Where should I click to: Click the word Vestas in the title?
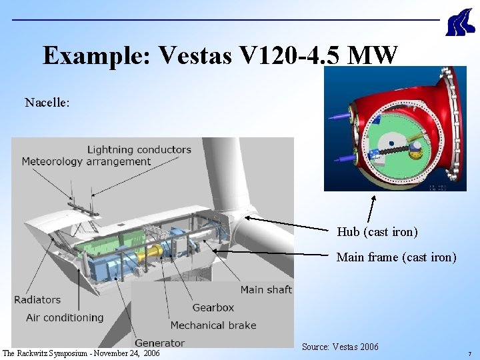point(194,56)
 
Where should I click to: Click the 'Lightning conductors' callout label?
point(139,149)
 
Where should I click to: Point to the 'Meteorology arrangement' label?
point(86,161)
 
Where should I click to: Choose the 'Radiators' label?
point(37,300)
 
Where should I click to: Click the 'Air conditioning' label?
point(65,317)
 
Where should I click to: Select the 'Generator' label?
point(159,343)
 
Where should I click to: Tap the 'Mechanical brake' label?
point(213,325)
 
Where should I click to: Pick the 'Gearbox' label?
point(213,307)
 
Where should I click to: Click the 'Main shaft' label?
point(265,289)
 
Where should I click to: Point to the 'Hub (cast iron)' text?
point(377,232)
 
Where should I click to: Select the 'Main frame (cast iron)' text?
point(396,257)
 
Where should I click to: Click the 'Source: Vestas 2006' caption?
point(340,347)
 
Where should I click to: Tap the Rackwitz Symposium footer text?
point(81,353)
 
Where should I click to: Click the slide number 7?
point(469,353)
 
